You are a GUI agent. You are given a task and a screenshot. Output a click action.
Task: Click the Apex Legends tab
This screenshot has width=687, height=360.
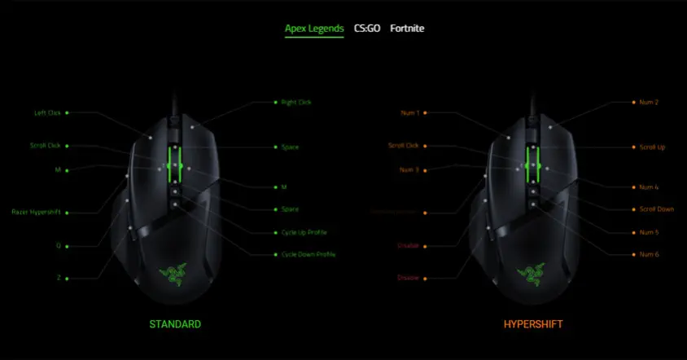[x=314, y=29]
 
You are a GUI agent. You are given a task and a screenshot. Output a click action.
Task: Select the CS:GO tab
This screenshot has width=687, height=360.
[x=366, y=29]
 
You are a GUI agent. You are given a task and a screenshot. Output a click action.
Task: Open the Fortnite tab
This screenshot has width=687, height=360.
[x=407, y=29]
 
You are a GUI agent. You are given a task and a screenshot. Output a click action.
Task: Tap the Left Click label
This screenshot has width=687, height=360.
[x=46, y=113]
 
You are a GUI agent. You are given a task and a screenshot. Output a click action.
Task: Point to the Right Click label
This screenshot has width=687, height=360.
[x=296, y=103]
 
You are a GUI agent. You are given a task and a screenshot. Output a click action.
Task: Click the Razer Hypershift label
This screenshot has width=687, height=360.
[x=36, y=213]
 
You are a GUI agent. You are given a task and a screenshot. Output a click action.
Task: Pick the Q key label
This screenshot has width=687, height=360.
[x=59, y=244]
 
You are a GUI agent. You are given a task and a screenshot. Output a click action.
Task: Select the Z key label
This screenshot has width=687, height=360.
[x=59, y=278]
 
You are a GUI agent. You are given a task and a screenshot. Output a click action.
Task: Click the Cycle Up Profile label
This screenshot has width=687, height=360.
[x=303, y=233]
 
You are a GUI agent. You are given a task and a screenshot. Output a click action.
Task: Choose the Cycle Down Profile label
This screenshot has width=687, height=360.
[x=308, y=255]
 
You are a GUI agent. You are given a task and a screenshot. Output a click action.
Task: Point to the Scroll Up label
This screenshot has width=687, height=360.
[x=652, y=147]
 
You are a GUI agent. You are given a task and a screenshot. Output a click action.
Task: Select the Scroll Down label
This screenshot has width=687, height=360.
[x=656, y=209]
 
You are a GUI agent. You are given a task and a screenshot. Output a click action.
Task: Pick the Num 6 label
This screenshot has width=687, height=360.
[x=650, y=255]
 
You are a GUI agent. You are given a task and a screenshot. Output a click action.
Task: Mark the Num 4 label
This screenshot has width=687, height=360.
[x=650, y=187]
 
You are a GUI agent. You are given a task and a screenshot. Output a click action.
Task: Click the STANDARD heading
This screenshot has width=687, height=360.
[x=175, y=324]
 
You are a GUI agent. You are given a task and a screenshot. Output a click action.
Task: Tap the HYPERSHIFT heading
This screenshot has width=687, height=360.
[x=533, y=324]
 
